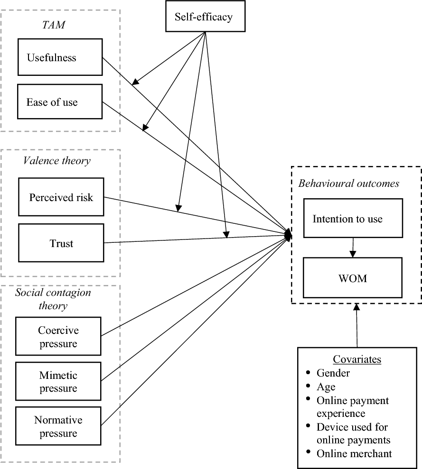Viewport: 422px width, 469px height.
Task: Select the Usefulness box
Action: (59, 57)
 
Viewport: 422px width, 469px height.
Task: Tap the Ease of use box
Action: (59, 101)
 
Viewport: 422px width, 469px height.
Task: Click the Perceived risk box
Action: (61, 197)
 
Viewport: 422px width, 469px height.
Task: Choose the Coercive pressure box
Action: (58, 336)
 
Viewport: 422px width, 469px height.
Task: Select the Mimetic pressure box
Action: (58, 382)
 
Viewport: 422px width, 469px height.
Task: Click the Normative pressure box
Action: (58, 426)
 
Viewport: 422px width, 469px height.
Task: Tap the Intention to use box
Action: (353, 219)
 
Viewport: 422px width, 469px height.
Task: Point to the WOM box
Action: (353, 277)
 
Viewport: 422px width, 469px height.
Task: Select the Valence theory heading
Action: (56, 160)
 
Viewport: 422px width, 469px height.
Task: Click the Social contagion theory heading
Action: (53, 299)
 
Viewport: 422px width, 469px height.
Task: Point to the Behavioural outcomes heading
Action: (348, 184)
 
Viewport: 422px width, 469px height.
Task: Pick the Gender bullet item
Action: (333, 373)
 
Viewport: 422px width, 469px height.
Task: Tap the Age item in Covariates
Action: (326, 386)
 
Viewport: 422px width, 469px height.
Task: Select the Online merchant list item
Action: (354, 453)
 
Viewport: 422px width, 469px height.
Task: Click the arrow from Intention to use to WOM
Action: (353, 247)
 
